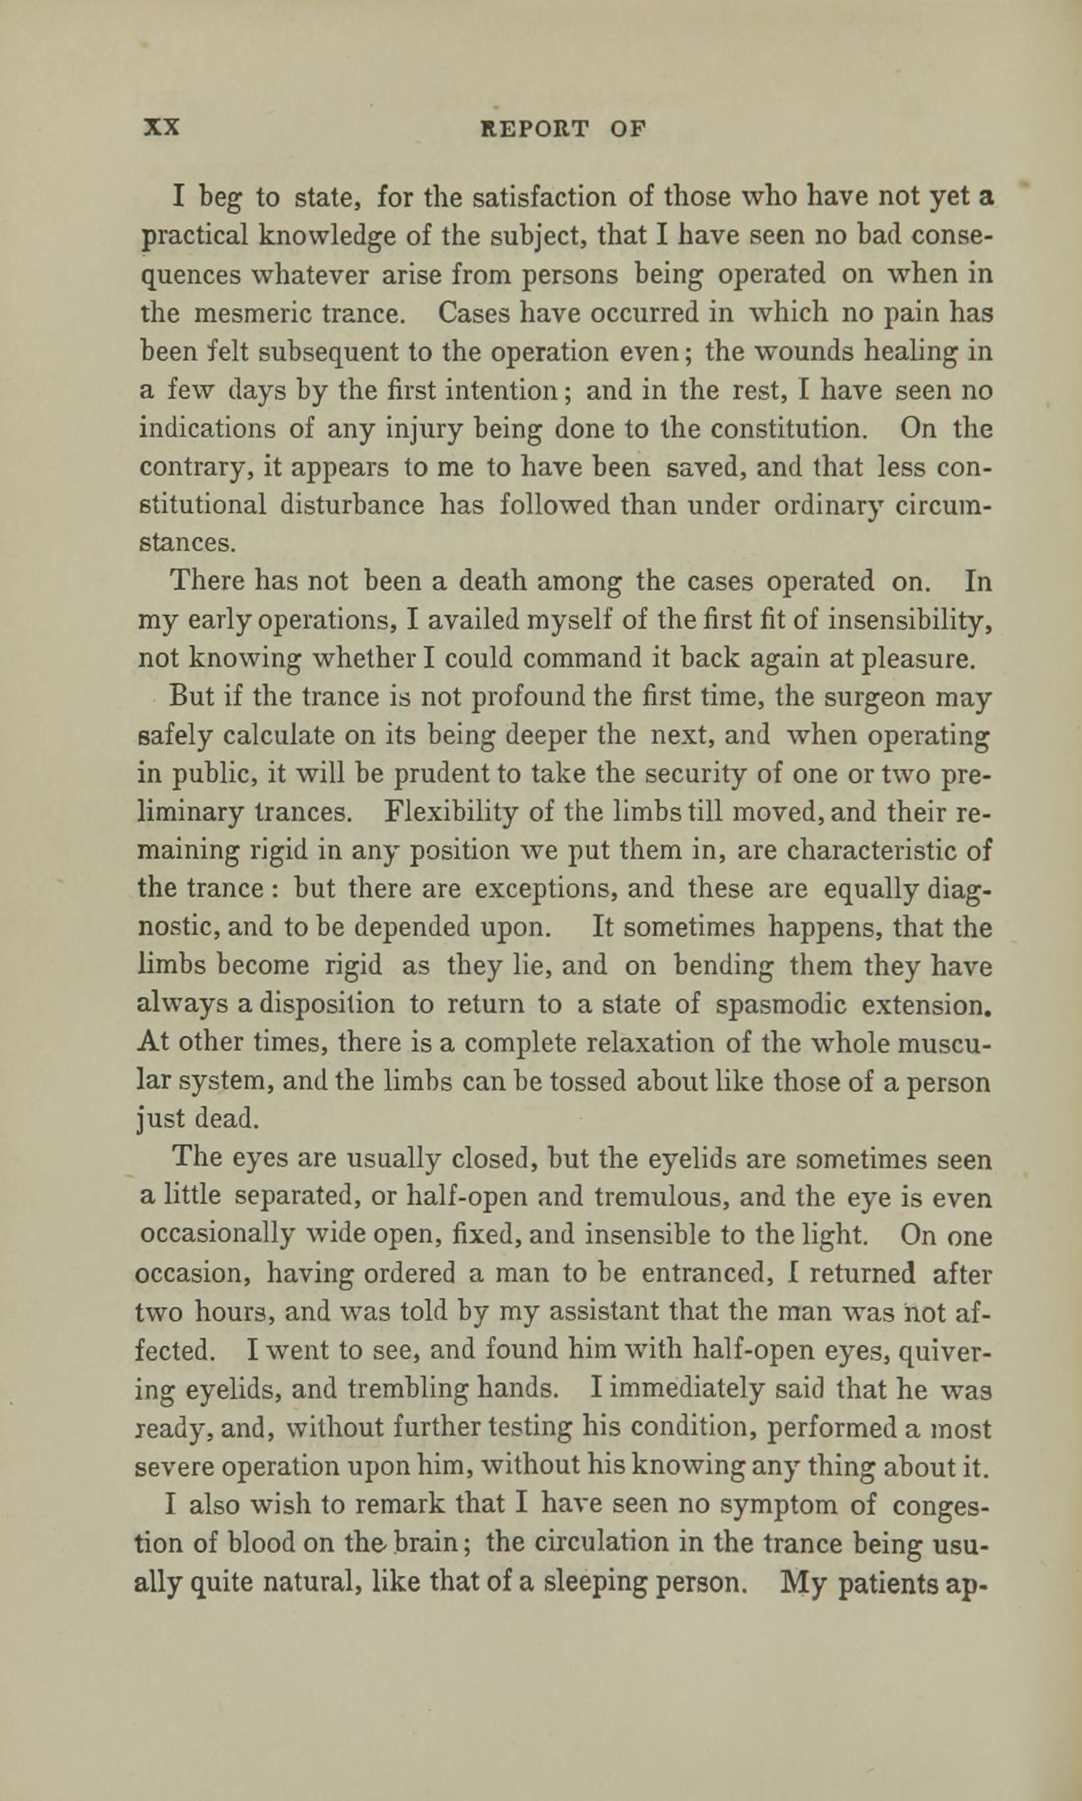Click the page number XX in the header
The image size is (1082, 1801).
[x=161, y=128]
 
